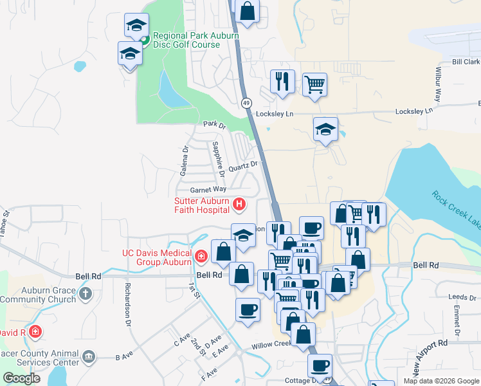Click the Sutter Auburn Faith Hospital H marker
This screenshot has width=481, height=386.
point(239,205)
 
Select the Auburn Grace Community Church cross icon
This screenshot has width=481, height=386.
point(85,295)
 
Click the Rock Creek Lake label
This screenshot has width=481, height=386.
point(455,209)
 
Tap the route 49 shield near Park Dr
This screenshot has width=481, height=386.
point(246,103)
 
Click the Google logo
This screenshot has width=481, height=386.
point(22,378)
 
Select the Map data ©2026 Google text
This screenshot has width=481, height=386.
point(441,381)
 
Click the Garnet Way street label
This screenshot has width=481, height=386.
point(208,189)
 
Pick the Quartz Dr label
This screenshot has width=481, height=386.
point(243,166)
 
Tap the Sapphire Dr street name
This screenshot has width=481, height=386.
point(219,160)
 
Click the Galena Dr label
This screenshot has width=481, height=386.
point(185,161)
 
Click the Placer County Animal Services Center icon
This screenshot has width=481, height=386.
point(89,356)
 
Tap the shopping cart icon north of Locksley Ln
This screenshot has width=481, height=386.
point(314,84)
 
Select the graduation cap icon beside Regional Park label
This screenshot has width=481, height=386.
point(136,26)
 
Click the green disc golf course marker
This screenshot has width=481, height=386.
point(145,40)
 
